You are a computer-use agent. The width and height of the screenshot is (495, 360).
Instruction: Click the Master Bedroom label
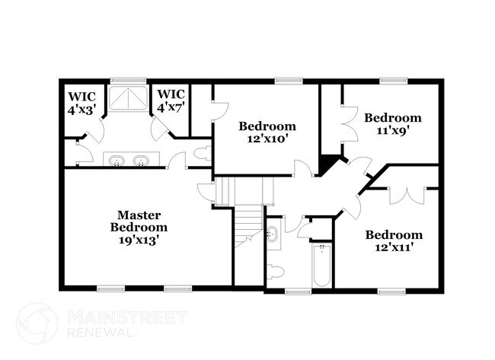[x=139, y=221]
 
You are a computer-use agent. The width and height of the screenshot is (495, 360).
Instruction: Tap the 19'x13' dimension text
[x=139, y=240]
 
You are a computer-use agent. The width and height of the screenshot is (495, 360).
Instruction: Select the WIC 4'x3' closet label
[x=82, y=103]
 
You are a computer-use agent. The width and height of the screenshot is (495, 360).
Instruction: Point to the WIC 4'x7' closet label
[x=171, y=101]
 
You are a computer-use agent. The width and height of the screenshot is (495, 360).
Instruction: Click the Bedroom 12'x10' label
[x=267, y=132]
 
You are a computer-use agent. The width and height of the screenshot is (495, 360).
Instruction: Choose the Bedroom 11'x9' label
[x=393, y=124]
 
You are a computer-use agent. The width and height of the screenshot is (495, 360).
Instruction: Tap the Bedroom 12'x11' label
[x=394, y=241]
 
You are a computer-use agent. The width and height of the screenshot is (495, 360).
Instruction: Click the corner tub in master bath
[x=128, y=98]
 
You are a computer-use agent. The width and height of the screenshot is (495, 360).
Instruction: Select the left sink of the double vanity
[x=117, y=161]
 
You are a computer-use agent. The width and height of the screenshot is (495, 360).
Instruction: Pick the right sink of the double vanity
[x=141, y=161]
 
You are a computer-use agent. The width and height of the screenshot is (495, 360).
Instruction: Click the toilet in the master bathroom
[x=203, y=153]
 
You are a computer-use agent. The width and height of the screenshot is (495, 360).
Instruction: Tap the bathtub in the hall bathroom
[x=321, y=265]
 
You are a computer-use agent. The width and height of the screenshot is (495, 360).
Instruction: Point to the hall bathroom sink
[x=272, y=234]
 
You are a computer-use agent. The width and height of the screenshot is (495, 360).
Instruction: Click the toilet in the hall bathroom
[x=276, y=271]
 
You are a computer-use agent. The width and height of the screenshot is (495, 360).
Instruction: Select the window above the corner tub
[x=128, y=81]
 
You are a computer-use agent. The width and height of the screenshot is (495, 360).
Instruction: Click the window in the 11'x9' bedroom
[x=394, y=81]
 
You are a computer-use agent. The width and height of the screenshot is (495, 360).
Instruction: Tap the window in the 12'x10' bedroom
[x=289, y=81]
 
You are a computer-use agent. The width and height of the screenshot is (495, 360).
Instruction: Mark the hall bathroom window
[x=298, y=292]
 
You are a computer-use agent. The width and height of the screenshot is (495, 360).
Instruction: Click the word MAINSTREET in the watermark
[x=127, y=318]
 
